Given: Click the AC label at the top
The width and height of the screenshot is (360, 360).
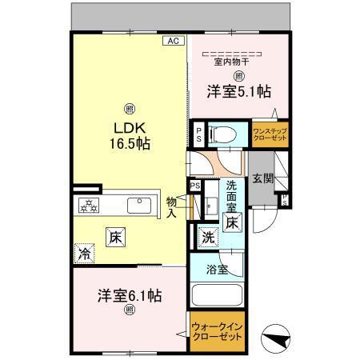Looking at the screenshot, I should click(x=173, y=39).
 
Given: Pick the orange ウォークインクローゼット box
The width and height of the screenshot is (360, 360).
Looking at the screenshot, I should click(x=215, y=331).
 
